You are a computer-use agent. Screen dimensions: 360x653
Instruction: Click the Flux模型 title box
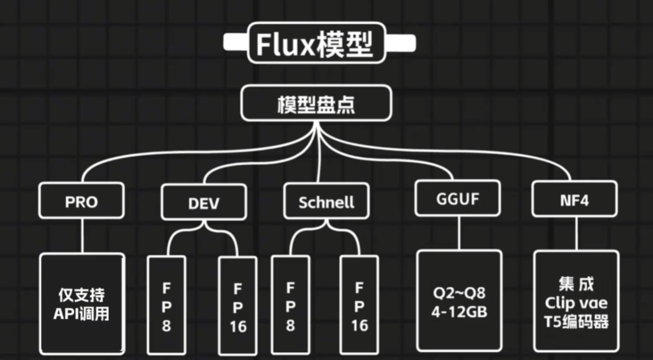pyautogui.click(x=316, y=43)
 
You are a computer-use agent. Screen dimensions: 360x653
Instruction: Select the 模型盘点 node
pyautogui.click(x=315, y=105)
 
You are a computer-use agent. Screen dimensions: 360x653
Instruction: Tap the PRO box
pyautogui.click(x=81, y=201)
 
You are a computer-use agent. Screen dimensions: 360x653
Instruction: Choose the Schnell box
pyautogui.click(x=326, y=202)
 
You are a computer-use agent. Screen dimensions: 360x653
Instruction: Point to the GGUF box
pyautogui.click(x=457, y=199)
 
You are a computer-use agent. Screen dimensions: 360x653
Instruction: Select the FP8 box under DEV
pyautogui.click(x=166, y=306)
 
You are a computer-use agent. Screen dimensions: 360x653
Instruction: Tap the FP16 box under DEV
pyautogui.click(x=238, y=306)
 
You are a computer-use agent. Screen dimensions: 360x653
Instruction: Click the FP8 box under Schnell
pyautogui.click(x=290, y=306)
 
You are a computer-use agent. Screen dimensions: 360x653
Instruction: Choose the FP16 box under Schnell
pyautogui.click(x=360, y=306)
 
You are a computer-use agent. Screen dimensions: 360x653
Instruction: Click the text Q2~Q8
pyautogui.click(x=459, y=294)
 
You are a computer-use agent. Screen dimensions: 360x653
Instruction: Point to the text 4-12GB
pyautogui.click(x=459, y=313)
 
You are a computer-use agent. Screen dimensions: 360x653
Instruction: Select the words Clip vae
pyautogui.click(x=576, y=303)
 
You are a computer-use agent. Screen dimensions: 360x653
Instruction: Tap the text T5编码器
pyautogui.click(x=576, y=322)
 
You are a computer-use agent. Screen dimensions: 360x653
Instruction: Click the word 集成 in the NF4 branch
pyautogui.click(x=576, y=283)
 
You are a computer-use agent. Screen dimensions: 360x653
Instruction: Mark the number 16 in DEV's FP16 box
pyautogui.click(x=238, y=327)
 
